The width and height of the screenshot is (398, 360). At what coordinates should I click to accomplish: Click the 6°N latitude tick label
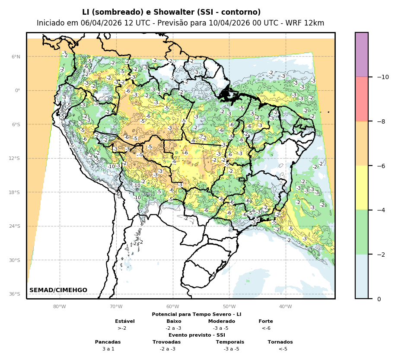tap(16, 57)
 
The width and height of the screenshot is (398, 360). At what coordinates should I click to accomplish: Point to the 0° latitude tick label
tap(18, 90)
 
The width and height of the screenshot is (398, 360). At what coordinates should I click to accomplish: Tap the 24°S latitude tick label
tap(14, 226)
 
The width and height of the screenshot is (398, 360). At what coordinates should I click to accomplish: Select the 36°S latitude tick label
tap(14, 294)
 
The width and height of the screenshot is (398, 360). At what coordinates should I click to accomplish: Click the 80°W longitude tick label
tap(60, 306)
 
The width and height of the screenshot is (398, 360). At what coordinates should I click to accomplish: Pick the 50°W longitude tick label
tap(229, 306)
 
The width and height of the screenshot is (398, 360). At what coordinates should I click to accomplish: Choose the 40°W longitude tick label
tap(286, 306)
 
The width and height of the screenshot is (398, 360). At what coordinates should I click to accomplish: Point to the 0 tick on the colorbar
tap(379, 299)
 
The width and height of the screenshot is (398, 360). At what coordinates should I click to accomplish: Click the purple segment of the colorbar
tap(362, 54)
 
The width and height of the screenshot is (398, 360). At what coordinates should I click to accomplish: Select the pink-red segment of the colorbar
tap(362, 99)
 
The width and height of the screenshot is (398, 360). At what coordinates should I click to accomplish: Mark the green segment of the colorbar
tap(362, 232)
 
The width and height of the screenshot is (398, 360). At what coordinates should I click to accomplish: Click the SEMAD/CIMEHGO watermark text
tap(58, 290)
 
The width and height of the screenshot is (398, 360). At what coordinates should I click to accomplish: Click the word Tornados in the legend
tap(280, 342)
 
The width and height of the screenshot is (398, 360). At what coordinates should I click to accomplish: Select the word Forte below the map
tap(266, 321)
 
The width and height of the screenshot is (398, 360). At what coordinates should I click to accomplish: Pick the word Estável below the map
tap(125, 321)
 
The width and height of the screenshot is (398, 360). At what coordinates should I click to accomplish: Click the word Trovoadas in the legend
tap(166, 342)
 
